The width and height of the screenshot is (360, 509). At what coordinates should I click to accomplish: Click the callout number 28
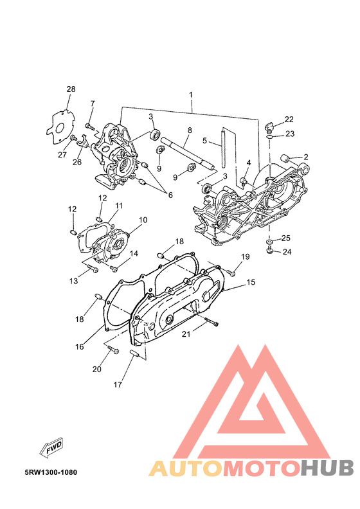71,89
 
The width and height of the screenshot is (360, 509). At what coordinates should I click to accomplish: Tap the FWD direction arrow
51,448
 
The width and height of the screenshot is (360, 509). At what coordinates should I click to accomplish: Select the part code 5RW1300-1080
51,472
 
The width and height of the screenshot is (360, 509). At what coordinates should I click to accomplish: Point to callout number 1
191,94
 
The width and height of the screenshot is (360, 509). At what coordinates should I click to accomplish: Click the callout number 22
289,119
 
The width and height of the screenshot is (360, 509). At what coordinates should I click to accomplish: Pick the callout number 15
251,282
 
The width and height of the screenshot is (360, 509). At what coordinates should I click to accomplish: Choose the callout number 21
186,334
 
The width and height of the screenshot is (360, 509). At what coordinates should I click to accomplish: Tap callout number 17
118,385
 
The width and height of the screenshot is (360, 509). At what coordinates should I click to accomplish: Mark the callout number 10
143,220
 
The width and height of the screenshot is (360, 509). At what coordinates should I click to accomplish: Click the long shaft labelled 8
187,154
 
